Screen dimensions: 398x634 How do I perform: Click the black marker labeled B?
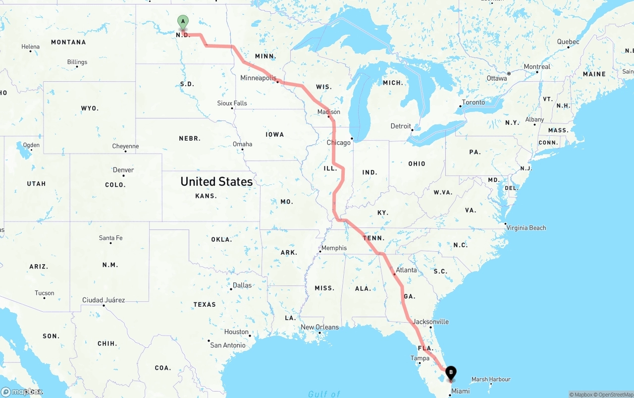pyautogui.click(x=451, y=373)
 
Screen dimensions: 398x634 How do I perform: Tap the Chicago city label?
pyautogui.click(x=339, y=143)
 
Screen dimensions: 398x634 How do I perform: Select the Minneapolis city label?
pyautogui.click(x=258, y=78)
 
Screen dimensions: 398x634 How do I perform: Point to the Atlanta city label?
pyautogui.click(x=406, y=270)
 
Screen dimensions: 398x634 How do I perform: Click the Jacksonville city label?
pyautogui.click(x=430, y=322)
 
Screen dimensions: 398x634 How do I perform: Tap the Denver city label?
pyautogui.click(x=123, y=170)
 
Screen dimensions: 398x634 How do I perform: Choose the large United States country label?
pyautogui.click(x=216, y=182)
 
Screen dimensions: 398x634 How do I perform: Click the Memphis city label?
pyautogui.click(x=334, y=248)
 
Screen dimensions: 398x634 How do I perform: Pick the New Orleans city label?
pyautogui.click(x=320, y=327)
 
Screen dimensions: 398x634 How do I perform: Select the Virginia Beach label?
pyautogui.click(x=527, y=228)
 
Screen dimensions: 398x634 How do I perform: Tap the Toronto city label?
pyautogui.click(x=474, y=103)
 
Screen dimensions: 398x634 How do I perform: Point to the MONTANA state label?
pyautogui.click(x=68, y=42)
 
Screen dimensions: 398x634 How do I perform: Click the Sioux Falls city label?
pyautogui.click(x=232, y=103)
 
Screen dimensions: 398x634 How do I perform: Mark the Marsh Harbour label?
pyautogui.click(x=491, y=380)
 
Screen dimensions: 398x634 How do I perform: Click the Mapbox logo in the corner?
pyautogui.click(x=22, y=392)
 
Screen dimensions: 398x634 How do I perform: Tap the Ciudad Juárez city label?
pyautogui.click(x=104, y=300)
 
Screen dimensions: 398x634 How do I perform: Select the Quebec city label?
pyautogui.click(x=568, y=42)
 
